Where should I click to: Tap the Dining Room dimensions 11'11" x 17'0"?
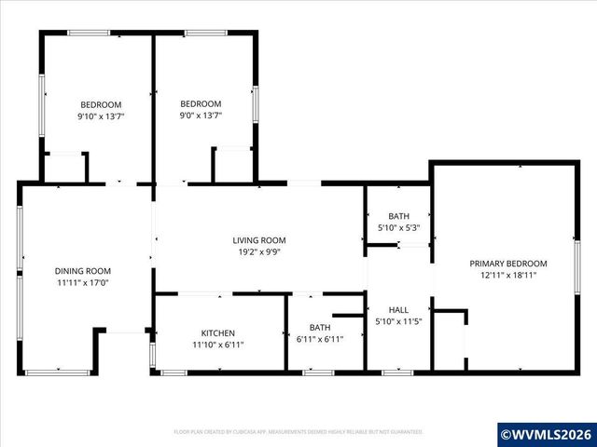82,282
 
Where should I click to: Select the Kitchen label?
218,332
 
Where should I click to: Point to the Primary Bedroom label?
507,264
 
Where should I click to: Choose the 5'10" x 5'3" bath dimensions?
398,227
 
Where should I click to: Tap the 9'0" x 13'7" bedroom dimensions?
201,117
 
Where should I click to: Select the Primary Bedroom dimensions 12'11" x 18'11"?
507,276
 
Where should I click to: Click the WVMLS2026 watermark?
547,434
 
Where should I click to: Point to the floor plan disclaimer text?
298,432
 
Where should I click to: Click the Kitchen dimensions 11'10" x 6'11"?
218,344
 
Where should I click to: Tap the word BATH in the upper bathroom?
398,216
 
